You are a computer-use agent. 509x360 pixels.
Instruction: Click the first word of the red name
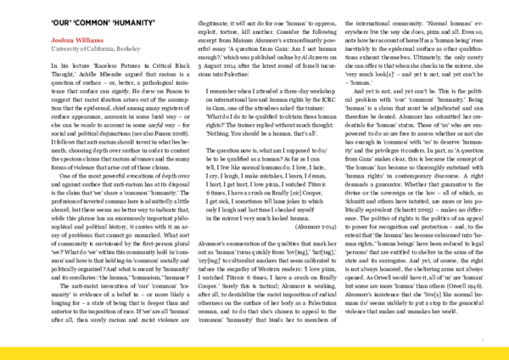[62, 41]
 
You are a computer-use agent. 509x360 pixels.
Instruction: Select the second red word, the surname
[90, 41]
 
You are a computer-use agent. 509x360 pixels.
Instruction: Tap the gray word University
[63, 49]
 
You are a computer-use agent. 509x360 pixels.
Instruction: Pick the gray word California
[97, 49]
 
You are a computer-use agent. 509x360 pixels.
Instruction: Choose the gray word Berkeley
[128, 49]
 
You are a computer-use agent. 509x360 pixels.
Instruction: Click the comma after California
[114, 51]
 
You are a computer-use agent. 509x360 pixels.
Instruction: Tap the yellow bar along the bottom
[255, 352]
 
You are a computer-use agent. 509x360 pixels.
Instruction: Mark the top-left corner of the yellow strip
[1, 346]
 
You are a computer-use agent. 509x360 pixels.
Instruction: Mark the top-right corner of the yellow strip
[507, 346]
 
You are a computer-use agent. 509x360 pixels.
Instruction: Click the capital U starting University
[53, 49]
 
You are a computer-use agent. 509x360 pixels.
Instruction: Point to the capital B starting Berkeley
[118, 49]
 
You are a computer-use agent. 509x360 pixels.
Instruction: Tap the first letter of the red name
[53, 41]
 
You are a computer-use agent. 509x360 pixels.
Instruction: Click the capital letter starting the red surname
[78, 41]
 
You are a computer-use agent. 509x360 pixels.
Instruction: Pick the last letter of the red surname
[102, 41]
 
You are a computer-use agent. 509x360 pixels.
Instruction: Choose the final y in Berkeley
[139, 50]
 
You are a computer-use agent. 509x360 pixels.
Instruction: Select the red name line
[77, 41]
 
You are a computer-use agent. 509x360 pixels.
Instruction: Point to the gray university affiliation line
[96, 49]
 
